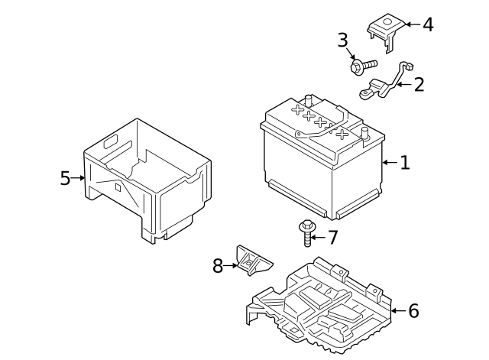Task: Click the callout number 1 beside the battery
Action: click(405, 163)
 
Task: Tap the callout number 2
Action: click(419, 84)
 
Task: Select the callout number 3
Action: click(343, 41)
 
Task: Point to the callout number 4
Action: click(428, 24)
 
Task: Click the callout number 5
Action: click(65, 178)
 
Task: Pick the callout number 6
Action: click(413, 311)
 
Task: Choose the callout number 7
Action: click(333, 238)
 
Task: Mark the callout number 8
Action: click(218, 266)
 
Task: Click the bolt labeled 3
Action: click(364, 66)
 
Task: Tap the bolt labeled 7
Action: click(307, 232)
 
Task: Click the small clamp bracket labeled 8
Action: click(254, 260)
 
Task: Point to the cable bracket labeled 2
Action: click(385, 81)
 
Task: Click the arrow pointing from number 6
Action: click(399, 311)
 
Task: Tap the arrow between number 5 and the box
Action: click(78, 178)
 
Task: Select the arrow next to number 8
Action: click(230, 266)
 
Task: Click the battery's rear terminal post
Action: click(309, 100)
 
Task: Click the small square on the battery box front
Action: click(118, 187)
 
